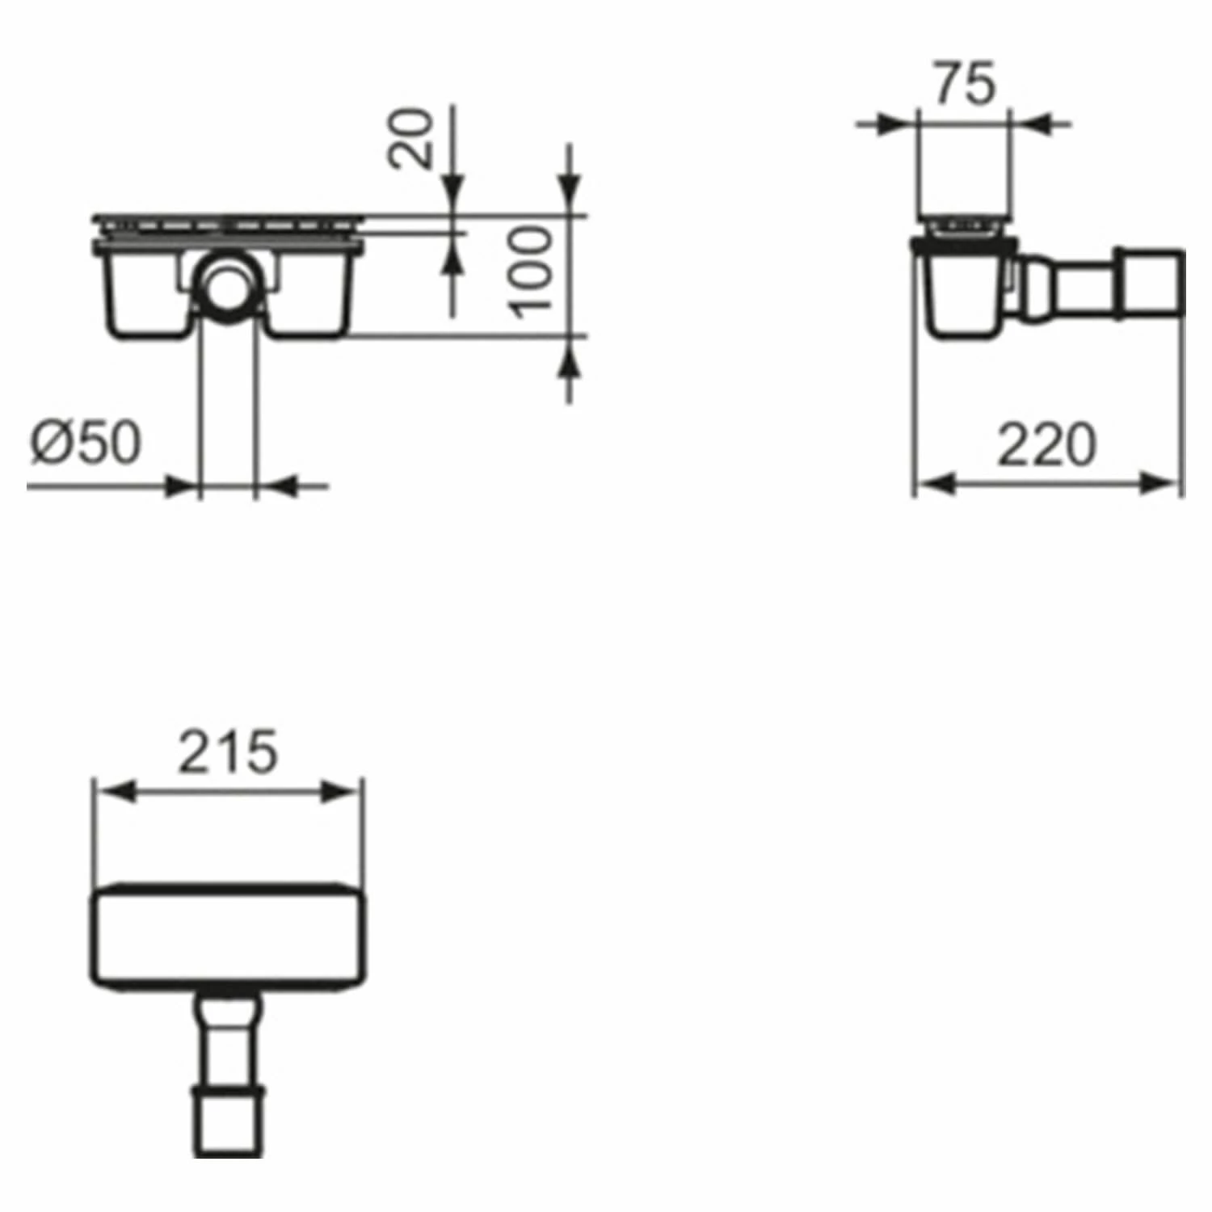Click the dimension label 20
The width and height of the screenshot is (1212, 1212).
point(410,137)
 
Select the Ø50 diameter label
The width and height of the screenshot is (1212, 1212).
point(86,444)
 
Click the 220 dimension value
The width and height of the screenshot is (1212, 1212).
point(1047,445)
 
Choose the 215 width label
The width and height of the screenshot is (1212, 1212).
point(228,751)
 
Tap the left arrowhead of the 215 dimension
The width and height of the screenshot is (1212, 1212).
point(113,791)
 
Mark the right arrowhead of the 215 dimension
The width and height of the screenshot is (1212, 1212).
point(343,791)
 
